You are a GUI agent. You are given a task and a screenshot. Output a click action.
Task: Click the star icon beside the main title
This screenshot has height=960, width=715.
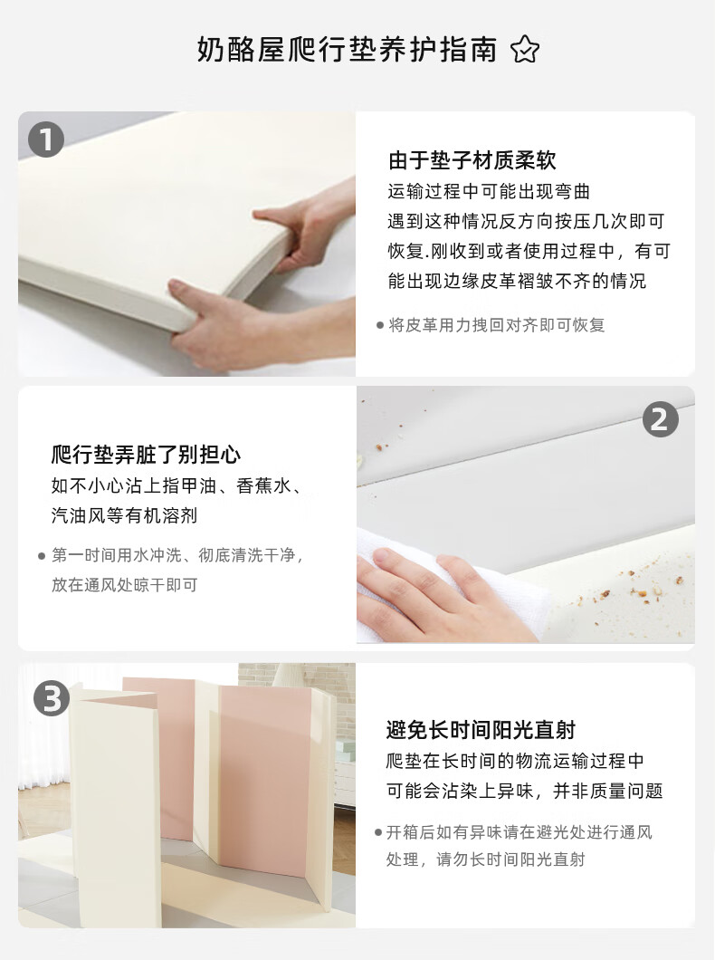525,50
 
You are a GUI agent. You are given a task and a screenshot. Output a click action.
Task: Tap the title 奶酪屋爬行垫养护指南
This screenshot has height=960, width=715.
347,50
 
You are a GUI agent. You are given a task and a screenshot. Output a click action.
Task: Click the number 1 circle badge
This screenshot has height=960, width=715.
46,139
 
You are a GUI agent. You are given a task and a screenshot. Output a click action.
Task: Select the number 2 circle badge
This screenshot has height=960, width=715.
660,419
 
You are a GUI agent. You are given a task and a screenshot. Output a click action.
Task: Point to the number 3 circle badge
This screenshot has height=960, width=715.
52,698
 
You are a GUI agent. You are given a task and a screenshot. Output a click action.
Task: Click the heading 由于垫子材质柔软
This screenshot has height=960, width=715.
472,160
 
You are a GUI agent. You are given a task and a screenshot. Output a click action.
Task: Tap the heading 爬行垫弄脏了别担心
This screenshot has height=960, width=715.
146,455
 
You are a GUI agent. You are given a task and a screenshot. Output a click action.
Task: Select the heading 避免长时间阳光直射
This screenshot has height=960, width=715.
481,730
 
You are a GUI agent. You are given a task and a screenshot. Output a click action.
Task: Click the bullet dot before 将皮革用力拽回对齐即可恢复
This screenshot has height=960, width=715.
380,325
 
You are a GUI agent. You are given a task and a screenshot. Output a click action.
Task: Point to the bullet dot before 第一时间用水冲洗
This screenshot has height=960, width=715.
42,556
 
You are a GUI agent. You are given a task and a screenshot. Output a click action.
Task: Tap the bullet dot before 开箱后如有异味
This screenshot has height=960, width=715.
378,832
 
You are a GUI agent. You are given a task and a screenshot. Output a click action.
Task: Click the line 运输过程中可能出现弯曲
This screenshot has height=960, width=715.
489,192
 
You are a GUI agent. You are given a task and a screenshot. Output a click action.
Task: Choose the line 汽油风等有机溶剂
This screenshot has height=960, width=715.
124,515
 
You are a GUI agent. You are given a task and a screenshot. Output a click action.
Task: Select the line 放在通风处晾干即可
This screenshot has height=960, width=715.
124,585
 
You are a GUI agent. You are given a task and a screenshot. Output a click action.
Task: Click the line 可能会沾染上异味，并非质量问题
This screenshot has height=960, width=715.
524,791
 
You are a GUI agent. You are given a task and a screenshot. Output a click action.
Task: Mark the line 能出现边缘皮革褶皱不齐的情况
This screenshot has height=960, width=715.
517,281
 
